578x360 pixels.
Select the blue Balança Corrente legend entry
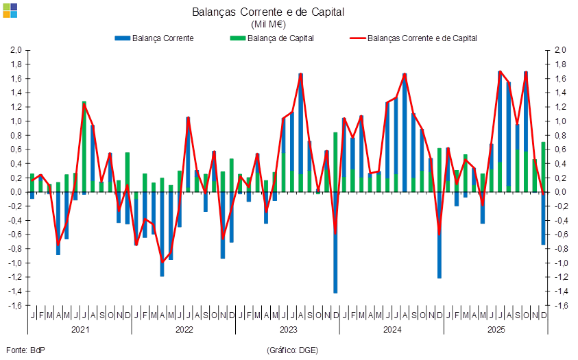[x=154, y=38]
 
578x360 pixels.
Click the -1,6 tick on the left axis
[x=16, y=306]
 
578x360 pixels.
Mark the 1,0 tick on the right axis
[x=560, y=121]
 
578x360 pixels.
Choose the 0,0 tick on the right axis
[x=560, y=192]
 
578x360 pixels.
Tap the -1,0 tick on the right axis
[x=560, y=263]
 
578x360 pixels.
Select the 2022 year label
[x=184, y=330]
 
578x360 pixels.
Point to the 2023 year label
[x=288, y=330]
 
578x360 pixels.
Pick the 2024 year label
[x=392, y=330]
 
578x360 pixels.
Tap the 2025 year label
[x=496, y=330]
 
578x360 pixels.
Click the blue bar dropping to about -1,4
[x=335, y=247]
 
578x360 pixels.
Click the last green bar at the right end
[x=544, y=167]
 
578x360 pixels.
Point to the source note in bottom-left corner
[x=25, y=350]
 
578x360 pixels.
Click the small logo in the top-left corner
[x=10, y=9]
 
